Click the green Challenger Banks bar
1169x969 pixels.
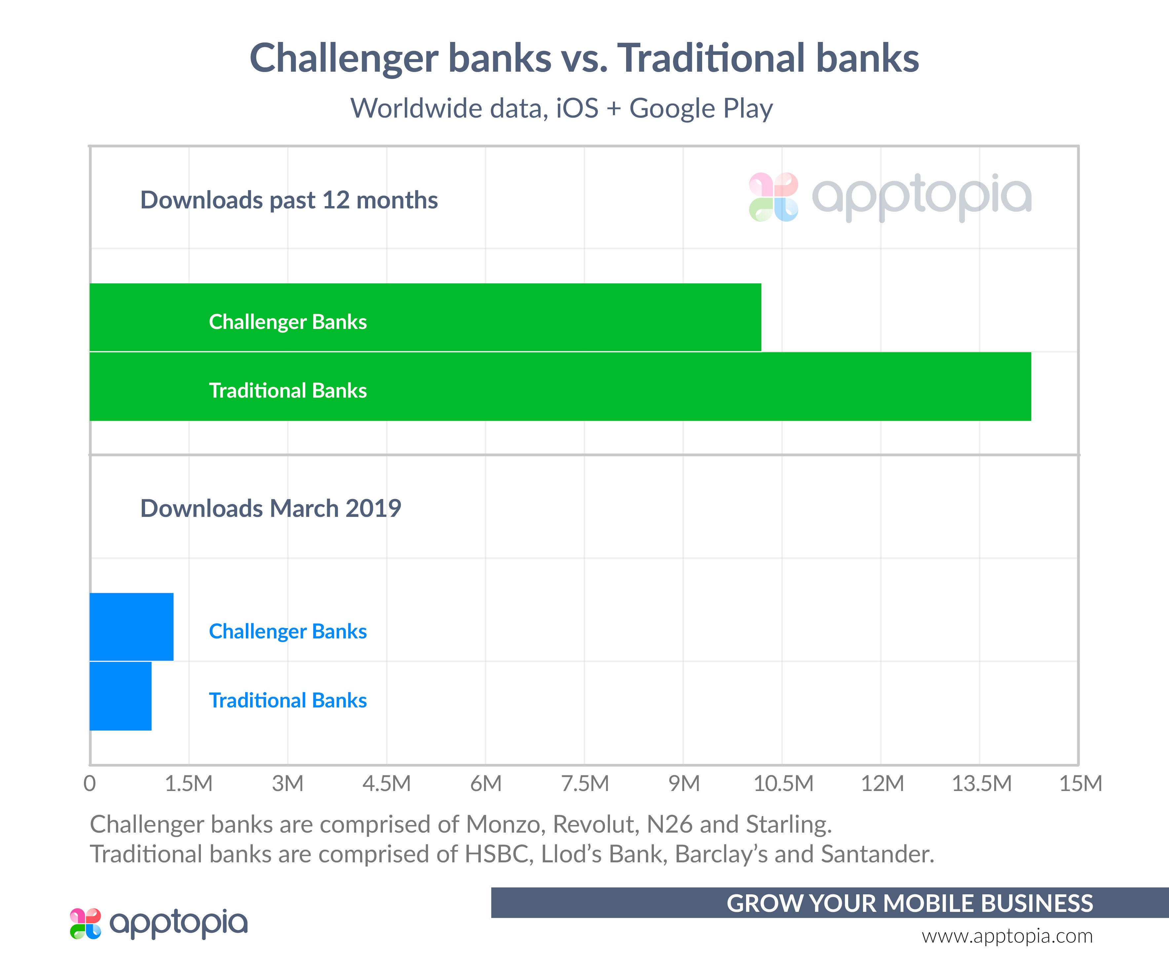[x=425, y=317]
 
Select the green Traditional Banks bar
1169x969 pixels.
[x=560, y=386]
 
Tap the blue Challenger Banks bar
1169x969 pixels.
[x=132, y=627]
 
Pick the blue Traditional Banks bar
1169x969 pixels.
[x=120, y=696]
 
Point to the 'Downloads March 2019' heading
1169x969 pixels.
[x=271, y=508]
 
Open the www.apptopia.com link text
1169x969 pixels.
[x=1007, y=936]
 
